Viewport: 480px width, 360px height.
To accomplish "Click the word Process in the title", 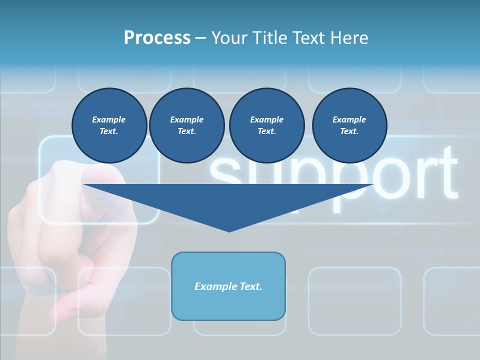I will [x=157, y=38].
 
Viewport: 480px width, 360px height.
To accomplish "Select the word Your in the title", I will [x=228, y=38].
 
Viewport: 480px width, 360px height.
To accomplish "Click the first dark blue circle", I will [x=109, y=125].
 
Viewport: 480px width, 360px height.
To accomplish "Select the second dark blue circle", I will [x=186, y=125].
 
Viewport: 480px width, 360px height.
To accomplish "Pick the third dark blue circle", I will [x=266, y=125].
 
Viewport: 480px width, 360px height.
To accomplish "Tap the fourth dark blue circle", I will [x=349, y=125].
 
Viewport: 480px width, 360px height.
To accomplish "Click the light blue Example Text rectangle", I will [x=228, y=286].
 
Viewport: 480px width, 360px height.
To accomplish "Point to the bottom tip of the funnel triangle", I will [x=229, y=230].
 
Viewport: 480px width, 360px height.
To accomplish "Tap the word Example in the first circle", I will [x=109, y=119].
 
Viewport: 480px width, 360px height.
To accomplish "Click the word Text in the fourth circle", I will [x=349, y=131].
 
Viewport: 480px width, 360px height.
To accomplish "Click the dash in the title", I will [x=200, y=38].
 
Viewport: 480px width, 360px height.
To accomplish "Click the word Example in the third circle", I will [x=266, y=119].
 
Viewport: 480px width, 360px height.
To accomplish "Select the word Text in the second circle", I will [x=186, y=131].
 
